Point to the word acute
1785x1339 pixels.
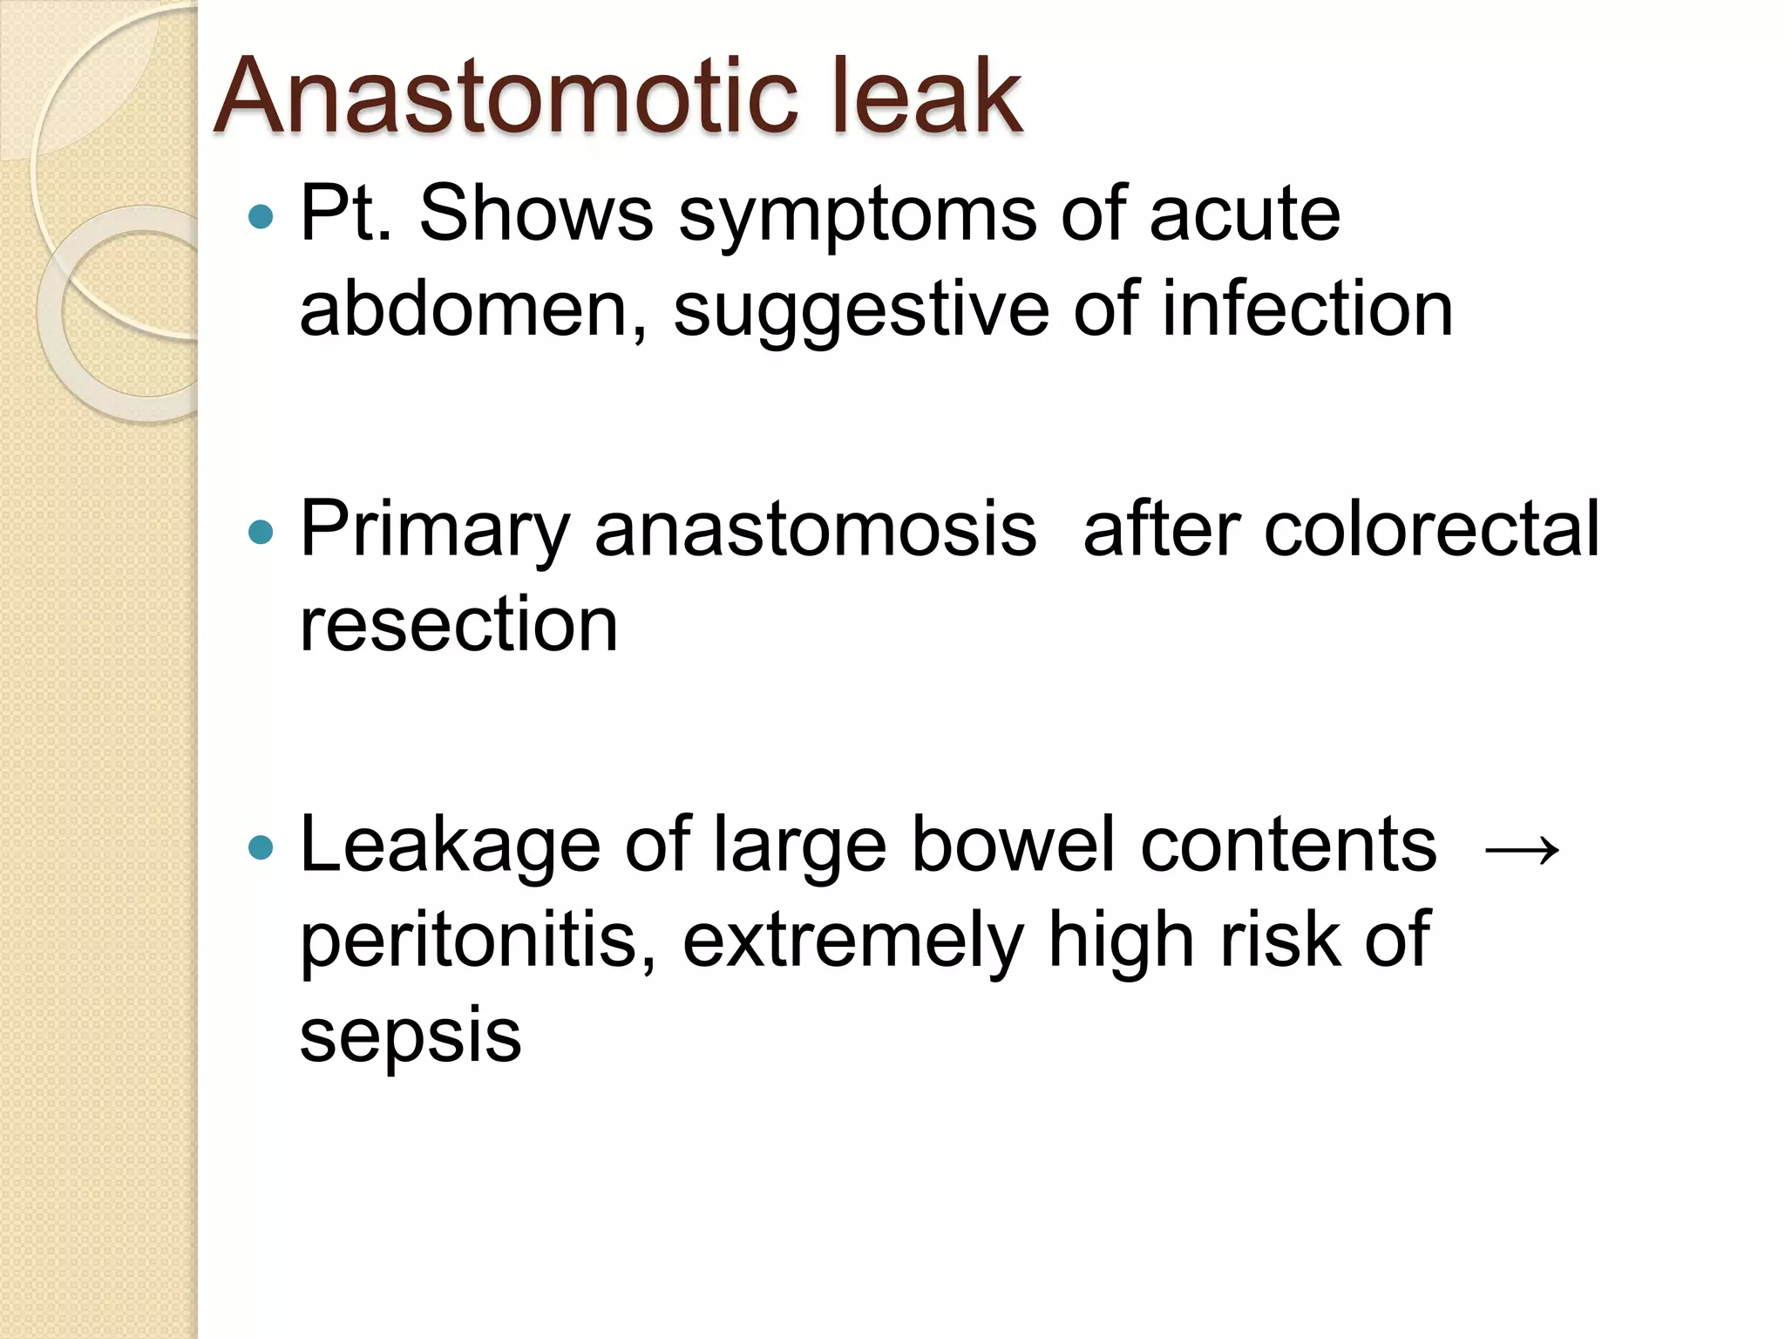click(1245, 214)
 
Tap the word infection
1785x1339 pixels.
click(1307, 309)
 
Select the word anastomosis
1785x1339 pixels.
click(816, 530)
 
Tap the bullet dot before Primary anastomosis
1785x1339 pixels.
click(261, 531)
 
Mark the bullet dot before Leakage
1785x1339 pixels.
click(261, 846)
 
